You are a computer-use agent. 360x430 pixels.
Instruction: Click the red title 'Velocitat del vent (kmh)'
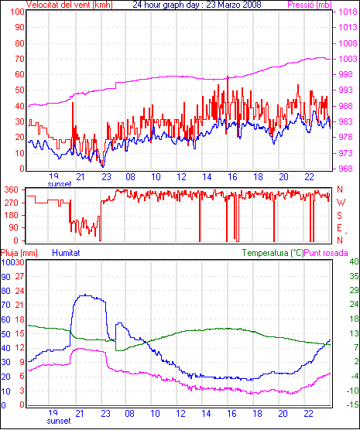70,5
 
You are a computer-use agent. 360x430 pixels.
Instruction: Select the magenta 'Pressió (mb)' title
310,5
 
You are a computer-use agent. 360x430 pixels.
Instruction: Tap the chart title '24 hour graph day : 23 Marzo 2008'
197,5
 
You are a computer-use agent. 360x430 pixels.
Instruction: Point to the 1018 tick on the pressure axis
348,12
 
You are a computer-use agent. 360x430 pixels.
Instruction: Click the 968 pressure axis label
348,169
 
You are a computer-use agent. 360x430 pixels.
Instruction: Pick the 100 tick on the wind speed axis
18,12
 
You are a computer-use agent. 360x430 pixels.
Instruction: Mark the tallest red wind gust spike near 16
228,77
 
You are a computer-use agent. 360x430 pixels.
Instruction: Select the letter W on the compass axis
341,203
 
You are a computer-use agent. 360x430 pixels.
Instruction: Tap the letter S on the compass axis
339,216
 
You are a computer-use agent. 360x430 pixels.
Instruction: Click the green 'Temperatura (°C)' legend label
273,253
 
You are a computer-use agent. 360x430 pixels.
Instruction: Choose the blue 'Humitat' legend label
66,253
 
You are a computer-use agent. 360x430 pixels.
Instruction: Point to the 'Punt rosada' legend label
326,253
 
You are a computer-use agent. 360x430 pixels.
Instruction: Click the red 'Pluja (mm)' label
19,253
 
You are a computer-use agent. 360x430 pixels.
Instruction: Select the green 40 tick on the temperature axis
354,261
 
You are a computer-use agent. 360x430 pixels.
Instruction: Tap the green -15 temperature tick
353,404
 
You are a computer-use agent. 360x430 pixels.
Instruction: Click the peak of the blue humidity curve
85,295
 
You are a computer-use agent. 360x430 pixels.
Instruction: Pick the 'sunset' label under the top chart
60,184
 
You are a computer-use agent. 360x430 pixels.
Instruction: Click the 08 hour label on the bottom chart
129,413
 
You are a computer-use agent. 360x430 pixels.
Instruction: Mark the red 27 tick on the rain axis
20,276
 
